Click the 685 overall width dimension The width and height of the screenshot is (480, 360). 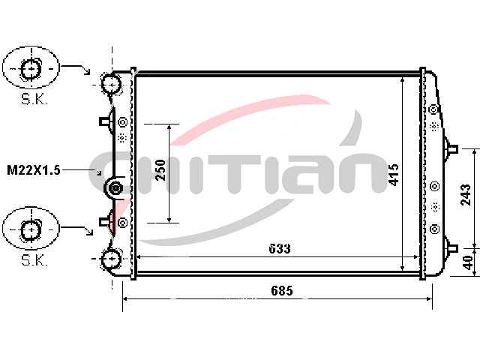point(282,290)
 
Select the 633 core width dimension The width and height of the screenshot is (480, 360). point(279,248)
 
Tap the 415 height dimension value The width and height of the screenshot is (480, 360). point(394,175)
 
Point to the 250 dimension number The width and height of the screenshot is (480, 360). point(160,170)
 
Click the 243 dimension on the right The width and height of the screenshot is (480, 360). point(465,194)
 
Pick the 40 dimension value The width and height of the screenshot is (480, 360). point(468,262)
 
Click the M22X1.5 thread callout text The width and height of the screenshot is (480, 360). point(33,170)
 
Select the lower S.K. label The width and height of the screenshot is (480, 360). point(34,260)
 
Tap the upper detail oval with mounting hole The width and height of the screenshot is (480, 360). point(31,46)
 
